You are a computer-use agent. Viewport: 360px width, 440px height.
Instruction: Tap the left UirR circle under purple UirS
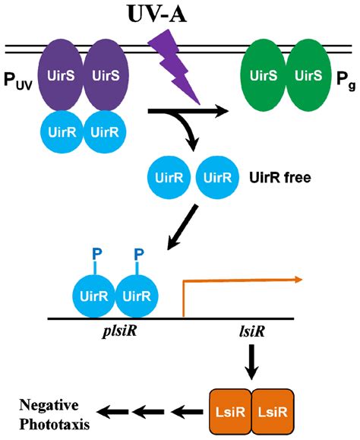61,130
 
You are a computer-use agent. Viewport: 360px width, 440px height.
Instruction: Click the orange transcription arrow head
300,280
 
